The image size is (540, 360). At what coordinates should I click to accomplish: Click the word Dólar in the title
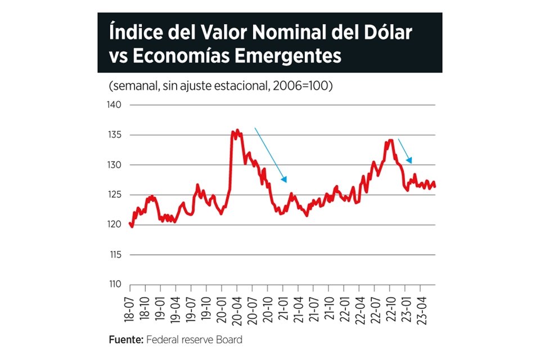pyautogui.click(x=385, y=33)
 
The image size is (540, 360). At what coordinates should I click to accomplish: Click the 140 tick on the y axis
pyautogui.click(x=114, y=105)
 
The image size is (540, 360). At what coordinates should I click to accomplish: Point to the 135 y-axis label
pyautogui.click(x=114, y=135)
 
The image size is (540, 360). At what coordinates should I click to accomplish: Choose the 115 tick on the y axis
pyautogui.click(x=114, y=254)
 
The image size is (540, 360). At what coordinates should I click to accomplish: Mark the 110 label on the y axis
pyautogui.click(x=114, y=284)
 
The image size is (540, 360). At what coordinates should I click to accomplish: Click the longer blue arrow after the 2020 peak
pyautogui.click(x=271, y=155)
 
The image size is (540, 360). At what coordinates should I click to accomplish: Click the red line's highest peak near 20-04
pyautogui.click(x=237, y=130)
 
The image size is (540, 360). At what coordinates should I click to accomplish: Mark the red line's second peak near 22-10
pyautogui.click(x=389, y=141)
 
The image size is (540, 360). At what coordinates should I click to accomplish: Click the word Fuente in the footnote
pyautogui.click(x=125, y=340)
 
